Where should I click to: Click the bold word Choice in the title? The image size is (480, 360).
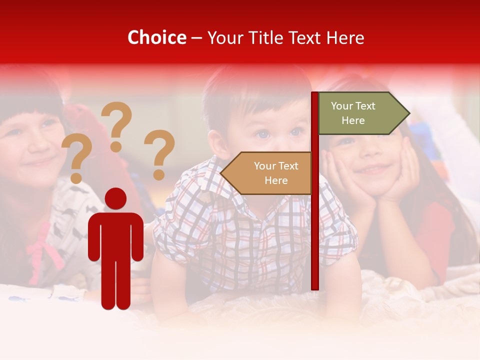pos(156,38)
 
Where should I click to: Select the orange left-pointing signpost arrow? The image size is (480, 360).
pos(267,173)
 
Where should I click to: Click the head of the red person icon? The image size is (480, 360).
pos(115,198)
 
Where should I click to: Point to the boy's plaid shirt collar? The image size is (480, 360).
pos(210,172)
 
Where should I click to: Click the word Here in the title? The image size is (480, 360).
pos(344,38)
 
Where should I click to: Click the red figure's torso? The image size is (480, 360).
pos(115,235)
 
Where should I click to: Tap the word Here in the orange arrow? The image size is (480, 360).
pos(276,180)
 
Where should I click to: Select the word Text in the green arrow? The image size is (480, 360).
pos(366,106)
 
